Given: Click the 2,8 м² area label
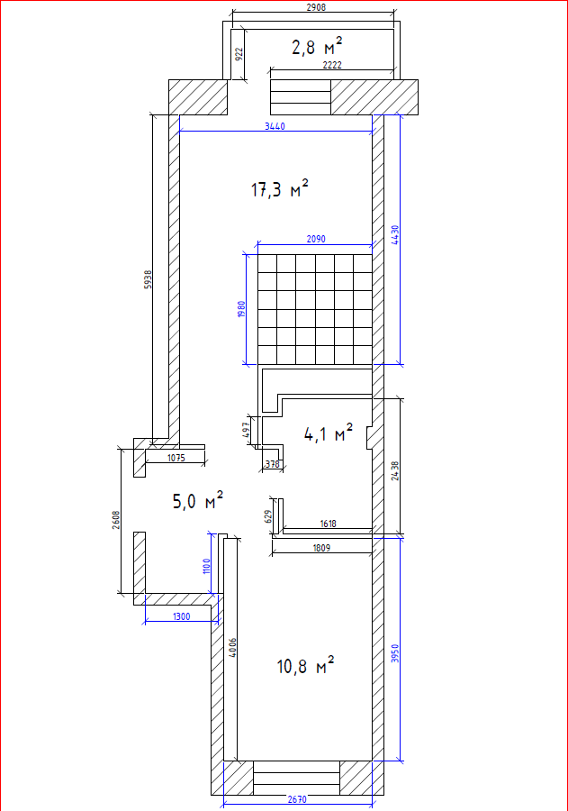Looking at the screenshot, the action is click(x=317, y=47).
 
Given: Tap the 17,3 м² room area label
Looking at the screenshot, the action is click(x=280, y=188).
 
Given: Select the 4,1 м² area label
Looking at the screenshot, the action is click(x=329, y=433).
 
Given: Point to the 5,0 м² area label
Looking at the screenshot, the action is click(x=198, y=500).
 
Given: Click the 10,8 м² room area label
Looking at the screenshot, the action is click(x=305, y=665).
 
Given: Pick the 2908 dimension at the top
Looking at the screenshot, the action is click(x=316, y=8).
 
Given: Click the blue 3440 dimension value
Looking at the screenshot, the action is click(x=275, y=126).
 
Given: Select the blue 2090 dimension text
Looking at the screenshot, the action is click(x=316, y=239).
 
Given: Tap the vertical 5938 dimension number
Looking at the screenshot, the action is click(x=149, y=279).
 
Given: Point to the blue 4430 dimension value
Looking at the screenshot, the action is click(x=395, y=235).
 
